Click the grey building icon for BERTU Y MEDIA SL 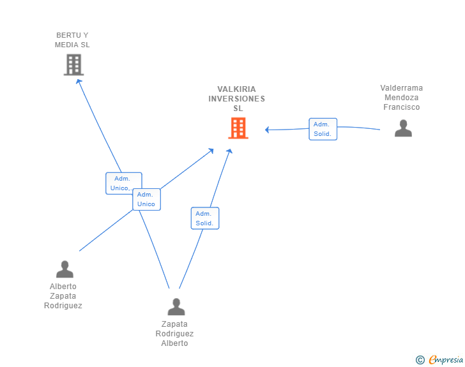[73, 64]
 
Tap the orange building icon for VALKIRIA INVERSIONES [238, 128]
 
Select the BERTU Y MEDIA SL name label [72, 40]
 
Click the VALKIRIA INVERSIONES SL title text [236, 99]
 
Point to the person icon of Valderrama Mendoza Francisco [403, 128]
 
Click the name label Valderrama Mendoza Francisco [401, 98]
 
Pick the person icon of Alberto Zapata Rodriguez [65, 269]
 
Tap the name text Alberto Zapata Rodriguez [63, 296]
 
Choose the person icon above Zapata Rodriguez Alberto [176, 306]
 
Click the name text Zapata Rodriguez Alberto [174, 334]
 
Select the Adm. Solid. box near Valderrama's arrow [323, 129]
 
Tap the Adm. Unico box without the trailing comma [146, 199]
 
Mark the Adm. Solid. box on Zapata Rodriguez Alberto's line [204, 218]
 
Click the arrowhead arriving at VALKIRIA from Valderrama [268, 130]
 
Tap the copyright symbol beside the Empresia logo [420, 361]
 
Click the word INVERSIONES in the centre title [236, 99]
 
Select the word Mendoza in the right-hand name [401, 98]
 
